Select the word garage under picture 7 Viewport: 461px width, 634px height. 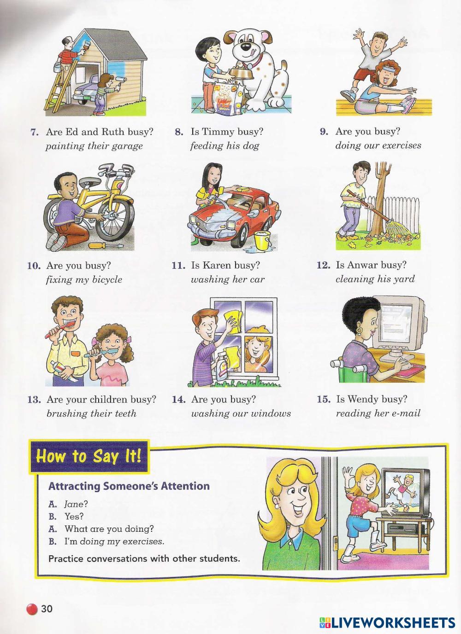pyautogui.click(x=127, y=146)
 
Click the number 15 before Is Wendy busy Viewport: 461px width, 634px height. pyautogui.click(x=324, y=399)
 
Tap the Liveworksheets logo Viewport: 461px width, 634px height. pyautogui.click(x=387, y=622)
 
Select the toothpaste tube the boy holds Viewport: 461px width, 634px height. pyautogui.click(x=63, y=371)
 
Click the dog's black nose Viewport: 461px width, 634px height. pyautogui.click(x=246, y=46)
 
